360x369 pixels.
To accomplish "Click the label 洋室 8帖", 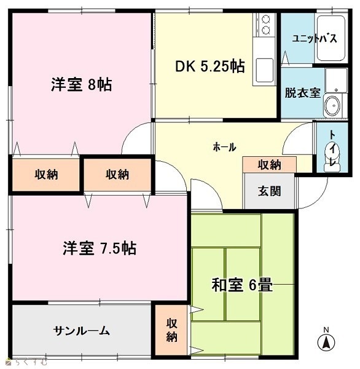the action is [81, 84].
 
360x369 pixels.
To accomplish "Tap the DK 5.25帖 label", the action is [210, 66].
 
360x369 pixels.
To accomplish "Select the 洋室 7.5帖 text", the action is [100, 248].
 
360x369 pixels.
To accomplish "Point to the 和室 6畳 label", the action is [242, 285].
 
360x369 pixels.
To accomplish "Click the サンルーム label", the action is [81, 331].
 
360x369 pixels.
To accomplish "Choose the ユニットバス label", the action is [315, 38].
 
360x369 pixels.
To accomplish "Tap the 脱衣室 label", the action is [303, 93].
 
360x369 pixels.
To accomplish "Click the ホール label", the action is [224, 148].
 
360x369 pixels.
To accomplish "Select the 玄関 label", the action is [270, 191].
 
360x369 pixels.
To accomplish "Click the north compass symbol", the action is [326, 343].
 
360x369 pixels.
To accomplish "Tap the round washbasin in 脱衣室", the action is [332, 106].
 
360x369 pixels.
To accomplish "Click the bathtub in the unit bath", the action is [331, 38].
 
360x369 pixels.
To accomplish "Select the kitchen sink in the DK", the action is [265, 69].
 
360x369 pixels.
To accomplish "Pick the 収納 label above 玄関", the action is [270, 165].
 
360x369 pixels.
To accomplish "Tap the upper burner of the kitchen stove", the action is [266, 20].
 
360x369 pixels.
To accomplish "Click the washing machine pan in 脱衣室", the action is [336, 81].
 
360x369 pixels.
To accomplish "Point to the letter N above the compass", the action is [326, 330].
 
